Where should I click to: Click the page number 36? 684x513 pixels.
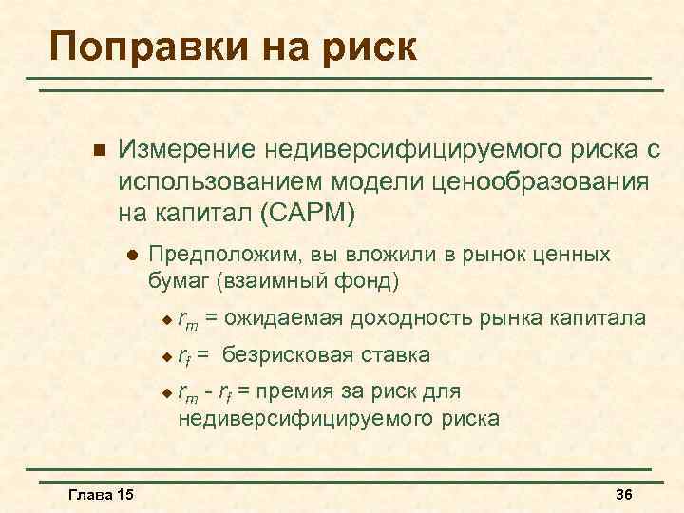click(624, 495)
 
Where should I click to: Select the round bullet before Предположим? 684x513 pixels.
click(132, 256)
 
